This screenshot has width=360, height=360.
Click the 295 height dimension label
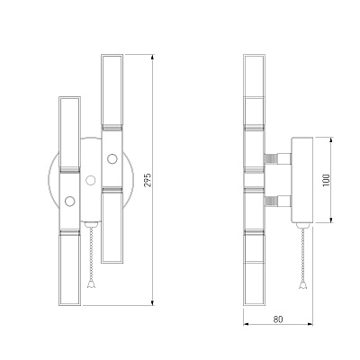[x=148, y=180]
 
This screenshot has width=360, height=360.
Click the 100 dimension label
[x=327, y=180]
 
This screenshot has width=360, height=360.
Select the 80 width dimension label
[x=278, y=319]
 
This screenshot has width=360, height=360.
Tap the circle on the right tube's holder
[x=112, y=158]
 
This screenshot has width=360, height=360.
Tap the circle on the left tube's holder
[x=70, y=201]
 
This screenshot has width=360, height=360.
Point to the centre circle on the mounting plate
[x=91, y=180]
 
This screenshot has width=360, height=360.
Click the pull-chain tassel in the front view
[x=91, y=284]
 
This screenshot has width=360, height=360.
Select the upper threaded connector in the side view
[x=277, y=158]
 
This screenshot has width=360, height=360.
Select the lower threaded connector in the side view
[x=277, y=202]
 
